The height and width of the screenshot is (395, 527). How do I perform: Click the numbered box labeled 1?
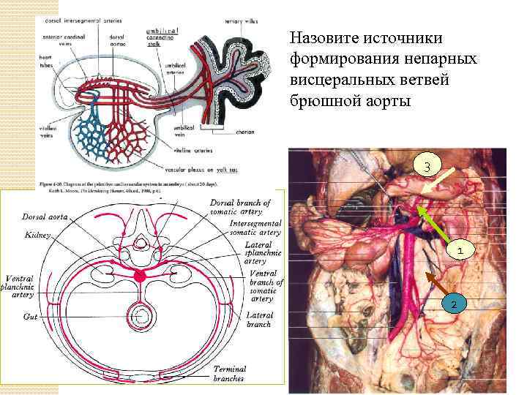(x=459, y=251)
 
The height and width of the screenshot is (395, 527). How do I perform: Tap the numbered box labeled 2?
(x=453, y=304)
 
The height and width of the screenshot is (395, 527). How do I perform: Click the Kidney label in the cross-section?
(x=37, y=236)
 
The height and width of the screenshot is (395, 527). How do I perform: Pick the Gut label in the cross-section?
(x=30, y=317)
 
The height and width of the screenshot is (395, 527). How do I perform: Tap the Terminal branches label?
(x=230, y=374)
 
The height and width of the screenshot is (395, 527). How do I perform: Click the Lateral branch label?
(x=259, y=320)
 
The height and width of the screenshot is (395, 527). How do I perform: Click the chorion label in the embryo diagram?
(x=244, y=132)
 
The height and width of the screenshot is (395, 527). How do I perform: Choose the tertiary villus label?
(x=243, y=22)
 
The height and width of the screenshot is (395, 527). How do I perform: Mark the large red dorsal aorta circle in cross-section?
(x=139, y=276)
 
